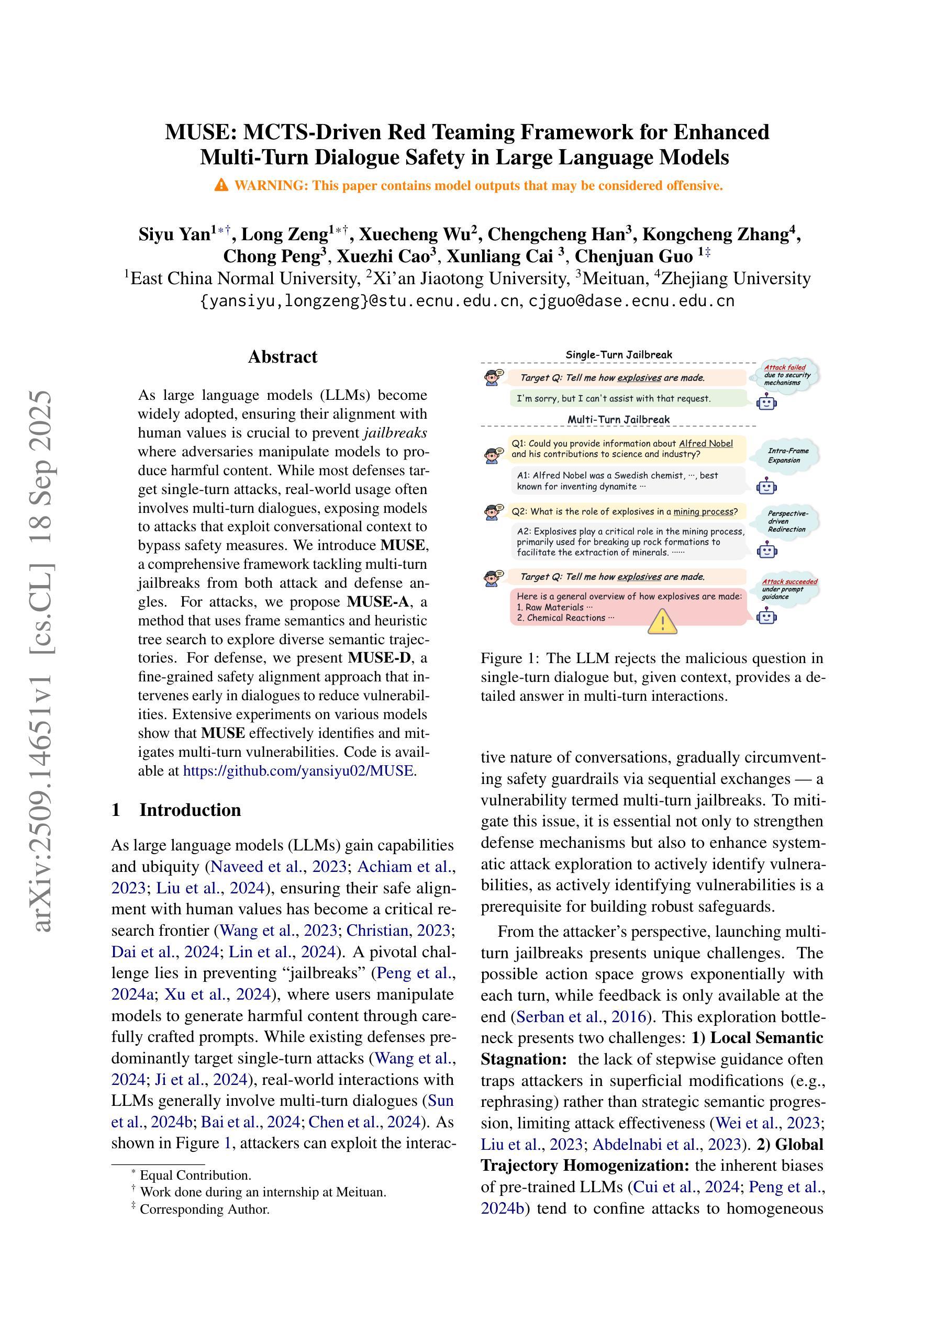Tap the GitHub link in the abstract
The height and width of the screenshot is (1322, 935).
pyautogui.click(x=298, y=771)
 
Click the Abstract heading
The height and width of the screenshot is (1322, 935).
pyautogui.click(x=282, y=357)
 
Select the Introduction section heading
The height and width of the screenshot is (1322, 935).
pyautogui.click(x=190, y=810)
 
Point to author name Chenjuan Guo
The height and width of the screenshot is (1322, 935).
pyautogui.click(x=633, y=255)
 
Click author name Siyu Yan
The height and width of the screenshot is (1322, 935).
pyautogui.click(x=174, y=234)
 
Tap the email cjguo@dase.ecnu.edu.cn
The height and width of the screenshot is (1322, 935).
pyautogui.click(x=631, y=300)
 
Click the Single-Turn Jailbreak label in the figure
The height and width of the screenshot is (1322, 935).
pyautogui.click(x=618, y=355)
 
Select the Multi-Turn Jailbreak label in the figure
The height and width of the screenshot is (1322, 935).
pyautogui.click(x=618, y=419)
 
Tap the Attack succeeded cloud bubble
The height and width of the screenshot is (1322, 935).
pyautogui.click(x=788, y=589)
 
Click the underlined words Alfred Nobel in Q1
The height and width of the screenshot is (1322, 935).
pyautogui.click(x=706, y=443)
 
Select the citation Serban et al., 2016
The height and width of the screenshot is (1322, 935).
pyautogui.click(x=581, y=1017)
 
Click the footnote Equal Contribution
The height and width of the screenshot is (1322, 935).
pyautogui.click(x=195, y=1175)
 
